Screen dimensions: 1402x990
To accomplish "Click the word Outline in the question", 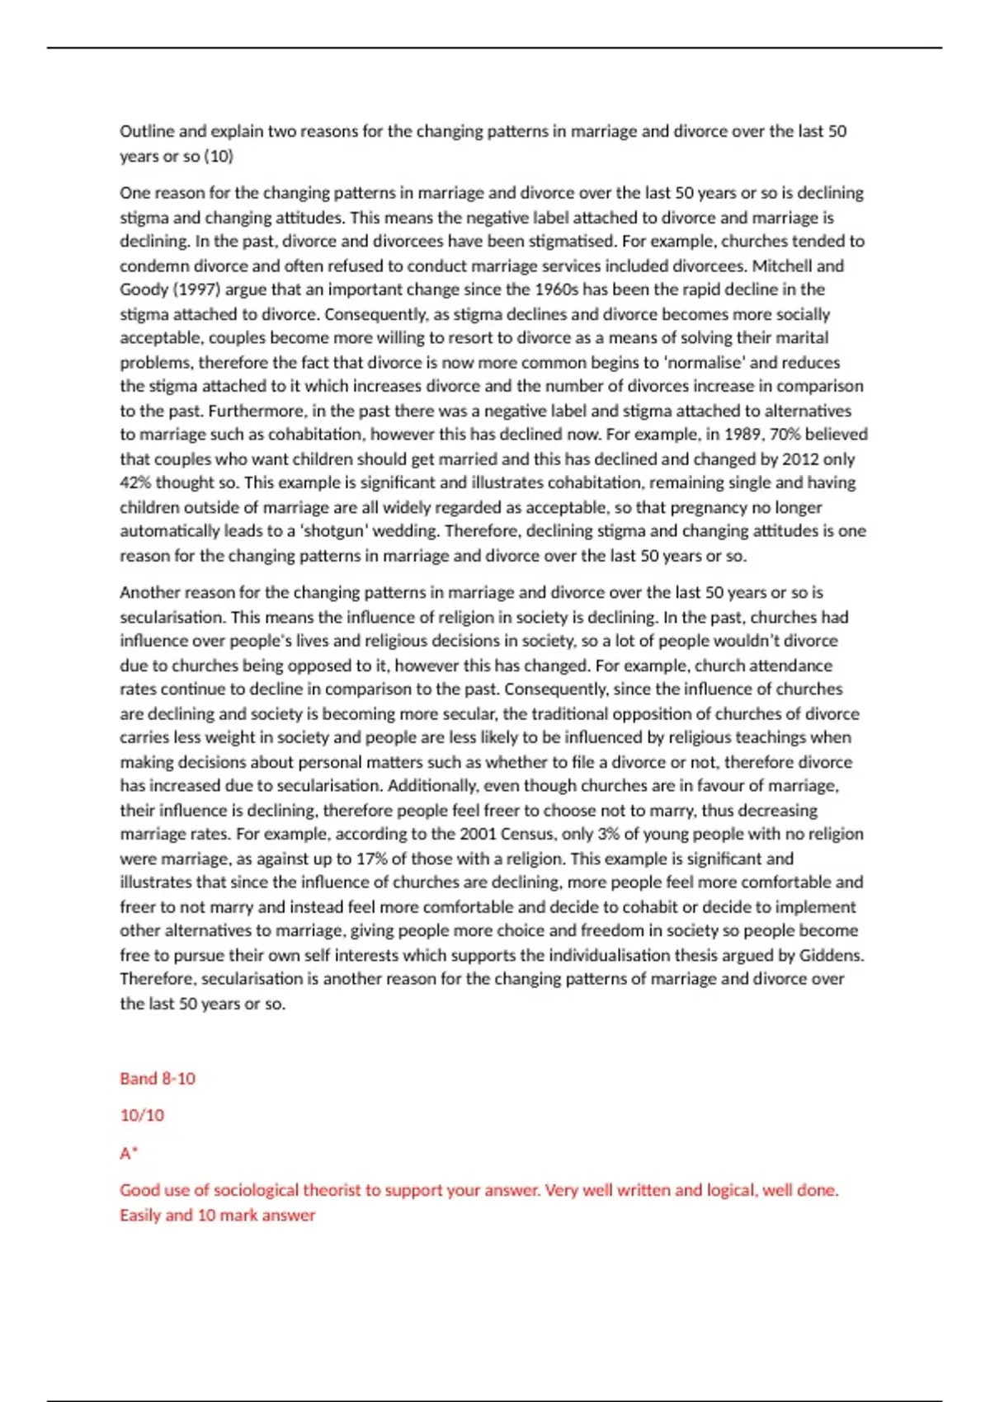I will pyautogui.click(x=146, y=131).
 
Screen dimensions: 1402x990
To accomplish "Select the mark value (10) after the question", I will pyautogui.click(x=219, y=156).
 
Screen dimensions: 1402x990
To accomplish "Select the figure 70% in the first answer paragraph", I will pyautogui.click(x=785, y=434).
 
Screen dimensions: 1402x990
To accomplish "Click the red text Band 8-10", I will pyautogui.click(x=158, y=1079).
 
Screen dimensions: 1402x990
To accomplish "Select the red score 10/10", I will pyautogui.click(x=142, y=1115).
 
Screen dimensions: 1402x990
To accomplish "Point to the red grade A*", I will pyautogui.click(x=129, y=1153).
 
